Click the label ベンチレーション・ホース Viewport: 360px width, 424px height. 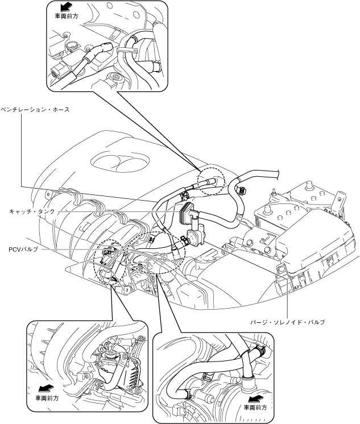coord(35,110)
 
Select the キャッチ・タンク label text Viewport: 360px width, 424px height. coord(32,211)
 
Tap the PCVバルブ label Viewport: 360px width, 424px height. coord(23,250)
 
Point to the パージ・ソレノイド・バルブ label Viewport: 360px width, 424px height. coord(287,322)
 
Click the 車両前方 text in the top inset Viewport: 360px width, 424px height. coord(67,16)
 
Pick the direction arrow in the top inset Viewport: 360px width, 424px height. coord(66,6)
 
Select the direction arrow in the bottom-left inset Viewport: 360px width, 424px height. coord(47,388)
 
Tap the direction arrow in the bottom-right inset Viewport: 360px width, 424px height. coord(255,398)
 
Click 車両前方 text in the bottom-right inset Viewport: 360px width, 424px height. coord(255,408)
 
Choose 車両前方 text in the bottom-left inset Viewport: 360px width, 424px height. coord(47,398)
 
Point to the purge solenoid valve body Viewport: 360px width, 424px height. coord(196,236)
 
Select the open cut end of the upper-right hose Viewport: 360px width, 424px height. coord(277,174)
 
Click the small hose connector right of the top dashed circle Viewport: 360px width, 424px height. coord(241,190)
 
